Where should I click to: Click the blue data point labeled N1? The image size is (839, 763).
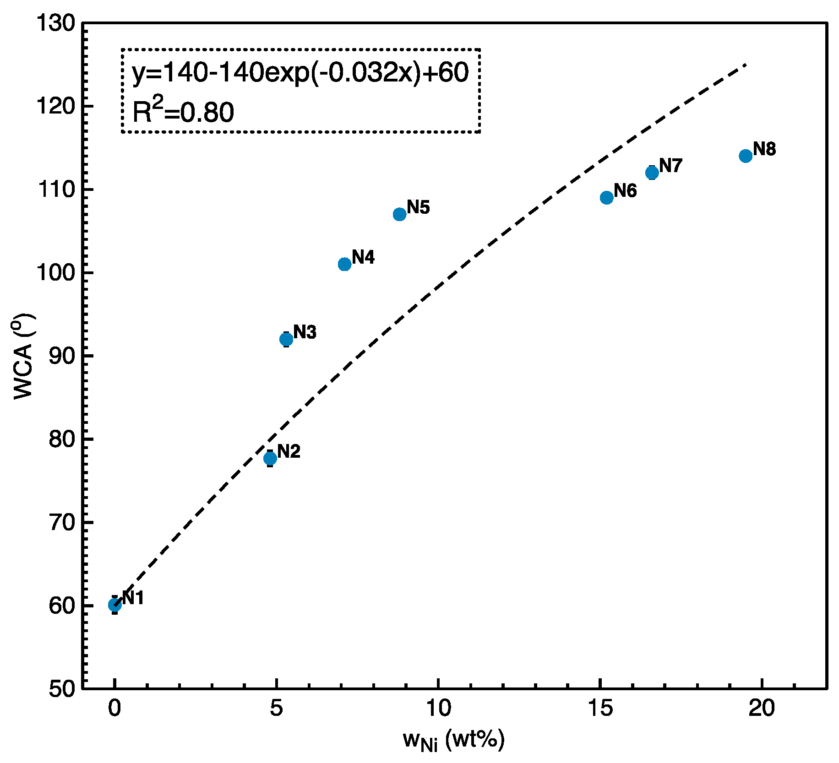tap(114, 605)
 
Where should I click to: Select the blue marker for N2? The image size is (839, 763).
tap(270, 458)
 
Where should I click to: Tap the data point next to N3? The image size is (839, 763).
tap(286, 339)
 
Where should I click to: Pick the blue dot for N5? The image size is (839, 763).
tap(400, 214)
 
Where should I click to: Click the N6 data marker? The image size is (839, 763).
tap(606, 198)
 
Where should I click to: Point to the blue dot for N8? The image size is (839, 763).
tap(746, 156)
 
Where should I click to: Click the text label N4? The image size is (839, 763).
tap(363, 258)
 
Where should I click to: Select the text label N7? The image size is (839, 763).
tap(671, 166)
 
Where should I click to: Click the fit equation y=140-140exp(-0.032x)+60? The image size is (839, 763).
tap(300, 73)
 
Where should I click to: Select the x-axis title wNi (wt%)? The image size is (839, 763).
tap(453, 740)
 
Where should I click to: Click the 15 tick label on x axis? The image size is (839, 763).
tap(600, 709)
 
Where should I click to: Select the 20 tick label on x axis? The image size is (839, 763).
tap(762, 709)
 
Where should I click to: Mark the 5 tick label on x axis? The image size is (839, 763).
tap(276, 709)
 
